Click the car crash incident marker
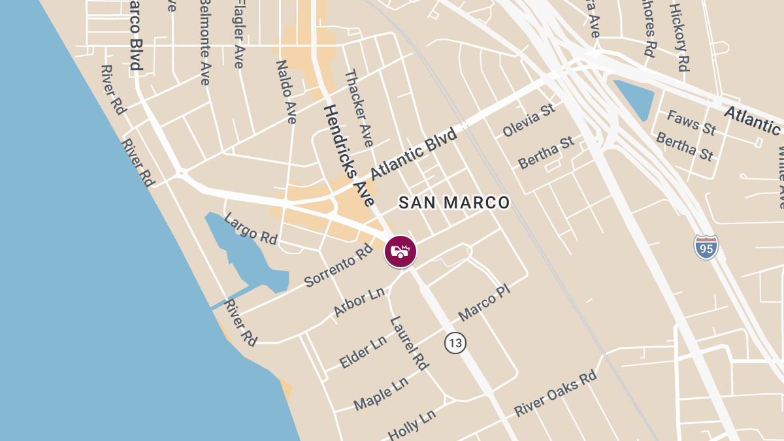coord(400,252)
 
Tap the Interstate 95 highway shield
coord(706,247)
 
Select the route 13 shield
coord(455,342)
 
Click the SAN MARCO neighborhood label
coord(454,203)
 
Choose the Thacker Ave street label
coord(359,108)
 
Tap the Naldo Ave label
coord(286,91)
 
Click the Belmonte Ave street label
coord(205,42)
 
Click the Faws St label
coord(691,122)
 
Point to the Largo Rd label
coord(250,228)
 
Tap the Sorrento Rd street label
coord(338,267)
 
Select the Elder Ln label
coord(363,352)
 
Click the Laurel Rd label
coord(409,343)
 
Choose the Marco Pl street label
coord(483,302)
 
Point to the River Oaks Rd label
coord(555,393)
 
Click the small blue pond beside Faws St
coord(634,98)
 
